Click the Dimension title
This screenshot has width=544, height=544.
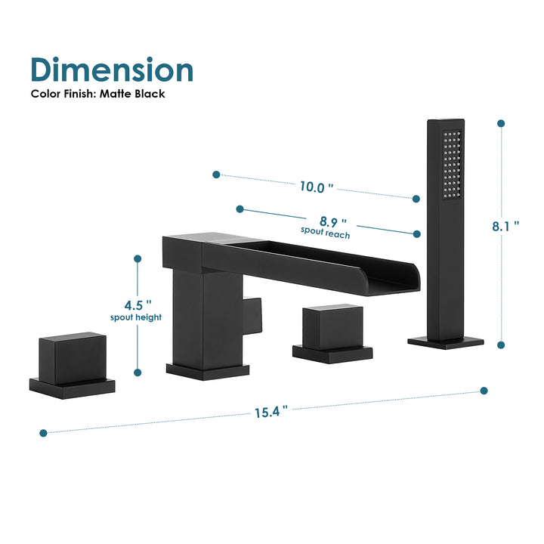click(112, 69)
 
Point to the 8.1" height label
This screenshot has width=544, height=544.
click(505, 225)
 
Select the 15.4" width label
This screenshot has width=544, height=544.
click(270, 412)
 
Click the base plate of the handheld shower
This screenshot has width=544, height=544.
click(446, 342)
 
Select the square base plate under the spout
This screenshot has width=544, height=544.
click(208, 370)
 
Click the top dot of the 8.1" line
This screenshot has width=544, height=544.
click(499, 122)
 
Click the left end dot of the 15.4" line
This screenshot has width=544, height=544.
click(43, 433)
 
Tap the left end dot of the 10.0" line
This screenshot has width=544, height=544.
click(216, 175)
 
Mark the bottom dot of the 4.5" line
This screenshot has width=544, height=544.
click(138, 372)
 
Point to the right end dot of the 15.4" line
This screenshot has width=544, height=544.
click(484, 391)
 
